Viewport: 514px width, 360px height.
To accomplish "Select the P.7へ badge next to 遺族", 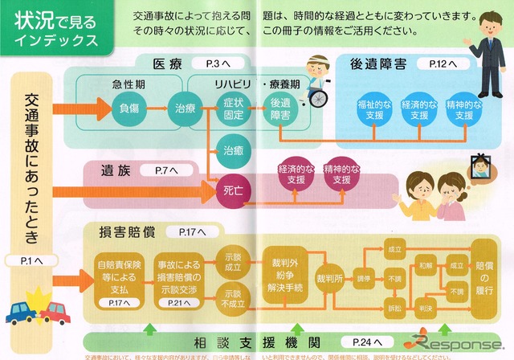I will (x=158, y=171).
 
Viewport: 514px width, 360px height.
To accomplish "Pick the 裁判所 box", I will (x=331, y=277).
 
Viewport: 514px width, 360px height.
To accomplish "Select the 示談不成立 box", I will (x=233, y=297).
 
